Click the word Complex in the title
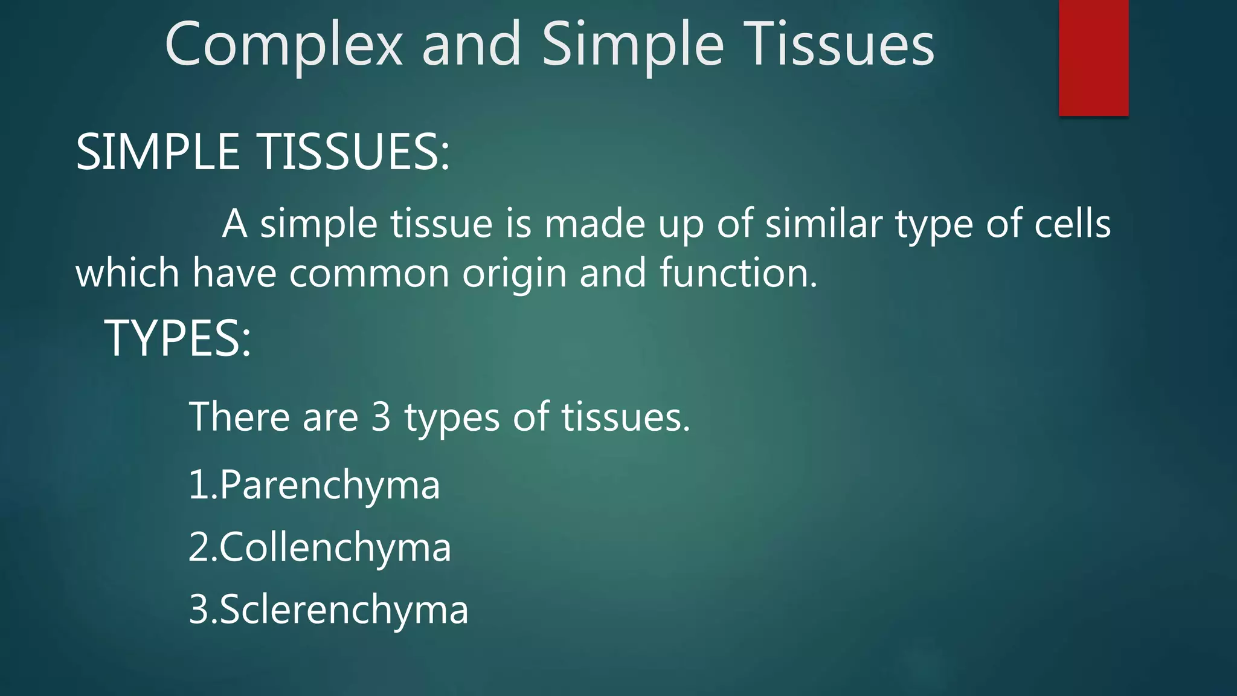pyautogui.click(x=283, y=45)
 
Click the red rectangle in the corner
pyautogui.click(x=1093, y=57)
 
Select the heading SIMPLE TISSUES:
pyautogui.click(x=263, y=152)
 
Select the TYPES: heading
pyautogui.click(x=178, y=338)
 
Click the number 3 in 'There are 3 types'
pyautogui.click(x=381, y=417)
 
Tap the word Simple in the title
pyautogui.click(x=632, y=45)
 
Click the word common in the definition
pyautogui.click(x=369, y=274)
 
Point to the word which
pyautogui.click(x=127, y=274)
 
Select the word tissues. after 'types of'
pyautogui.click(x=625, y=417)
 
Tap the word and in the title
pyautogui.click(x=471, y=45)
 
